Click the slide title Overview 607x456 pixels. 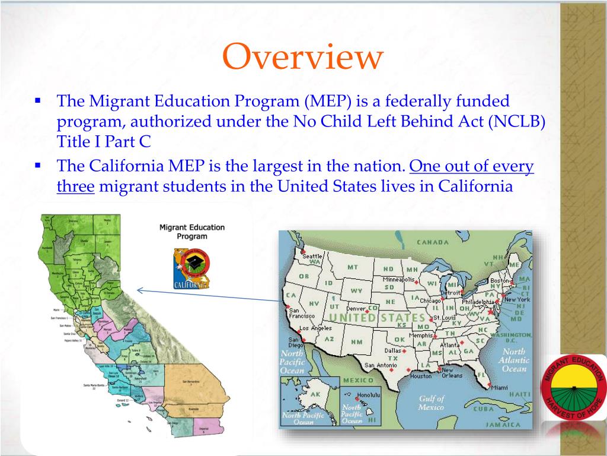point(303,58)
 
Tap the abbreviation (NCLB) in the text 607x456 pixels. point(516,121)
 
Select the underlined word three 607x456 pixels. point(75,186)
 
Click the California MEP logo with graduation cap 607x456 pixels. point(191,269)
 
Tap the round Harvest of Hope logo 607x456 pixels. point(573,388)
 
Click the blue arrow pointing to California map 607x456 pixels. point(207,295)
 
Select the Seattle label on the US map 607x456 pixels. point(313,256)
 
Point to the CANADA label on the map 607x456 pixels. point(432,242)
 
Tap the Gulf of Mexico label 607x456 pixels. point(431,403)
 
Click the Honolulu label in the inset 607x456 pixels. point(368,394)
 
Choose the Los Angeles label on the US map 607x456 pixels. point(315,328)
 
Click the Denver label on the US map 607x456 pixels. point(356,309)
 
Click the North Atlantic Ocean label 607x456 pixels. point(514,360)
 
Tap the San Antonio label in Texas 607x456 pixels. point(381,365)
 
